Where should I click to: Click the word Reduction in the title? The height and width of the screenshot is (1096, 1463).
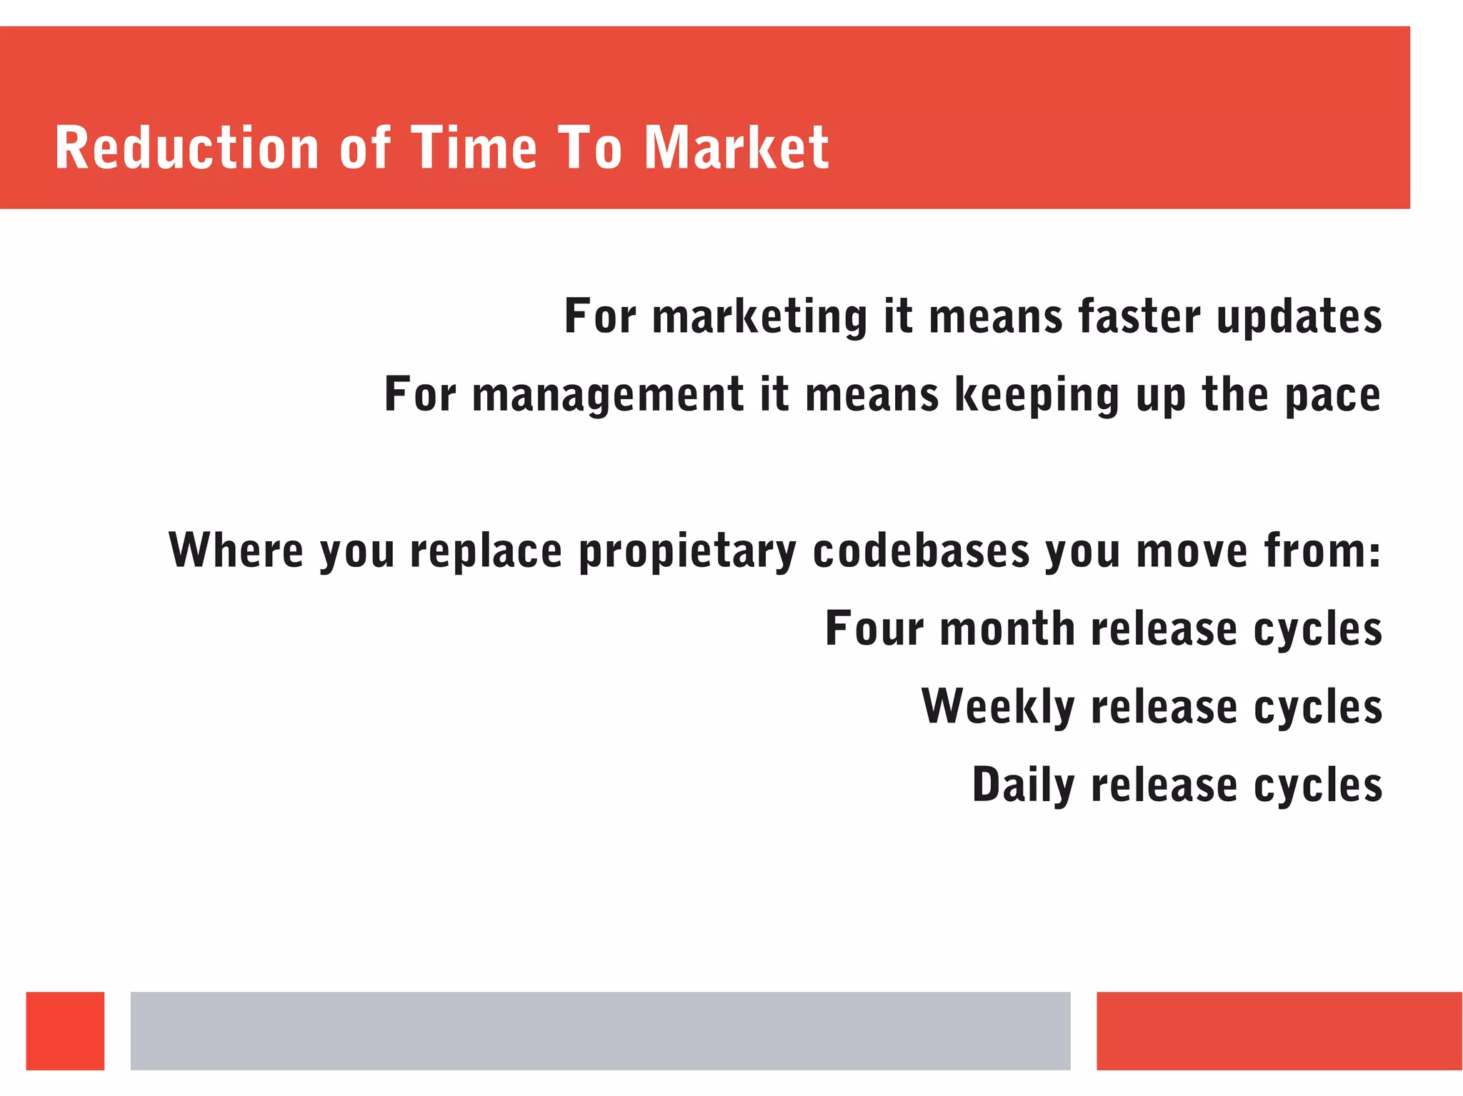[186, 148]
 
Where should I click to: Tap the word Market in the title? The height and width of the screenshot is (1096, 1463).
[737, 148]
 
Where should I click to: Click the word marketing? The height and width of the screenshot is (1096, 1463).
[760, 317]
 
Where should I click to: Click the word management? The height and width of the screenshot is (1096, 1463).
[608, 395]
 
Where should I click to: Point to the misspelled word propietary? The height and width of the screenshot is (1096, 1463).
[687, 551]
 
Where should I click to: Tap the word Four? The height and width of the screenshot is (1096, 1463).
[874, 628]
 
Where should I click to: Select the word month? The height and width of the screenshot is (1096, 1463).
[1007, 628]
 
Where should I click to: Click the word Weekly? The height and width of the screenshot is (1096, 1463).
[998, 707]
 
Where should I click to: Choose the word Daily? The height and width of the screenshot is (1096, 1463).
[1023, 785]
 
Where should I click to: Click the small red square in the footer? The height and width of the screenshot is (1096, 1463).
[65, 1030]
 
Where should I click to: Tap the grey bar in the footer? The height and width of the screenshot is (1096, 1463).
[600, 1030]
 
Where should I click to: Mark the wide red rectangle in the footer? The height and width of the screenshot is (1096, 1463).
[1279, 1030]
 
